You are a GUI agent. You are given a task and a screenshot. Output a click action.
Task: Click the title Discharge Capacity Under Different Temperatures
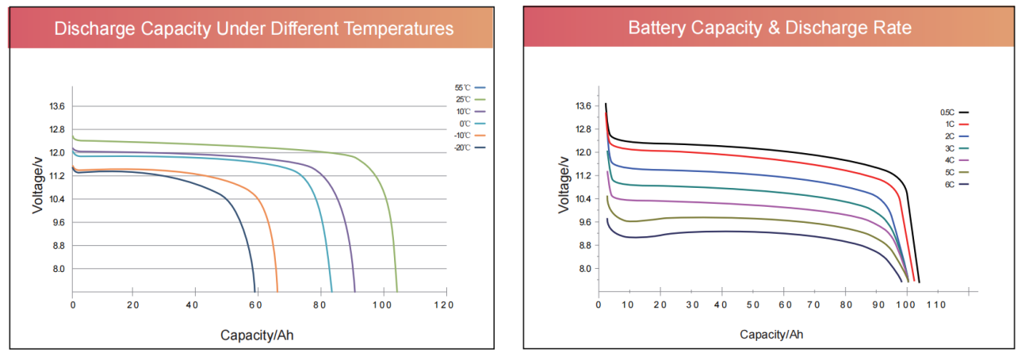254,29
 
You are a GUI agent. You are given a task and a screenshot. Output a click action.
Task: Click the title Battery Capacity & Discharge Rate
769,29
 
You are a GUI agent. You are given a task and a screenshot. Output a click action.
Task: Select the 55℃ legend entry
469,88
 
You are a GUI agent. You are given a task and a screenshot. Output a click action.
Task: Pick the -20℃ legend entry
469,147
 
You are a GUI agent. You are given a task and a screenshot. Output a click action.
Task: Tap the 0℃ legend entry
469,124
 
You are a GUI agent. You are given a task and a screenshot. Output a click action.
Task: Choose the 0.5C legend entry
954,113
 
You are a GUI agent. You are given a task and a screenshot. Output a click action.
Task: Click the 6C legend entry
954,184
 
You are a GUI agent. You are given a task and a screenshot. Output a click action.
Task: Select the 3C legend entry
954,148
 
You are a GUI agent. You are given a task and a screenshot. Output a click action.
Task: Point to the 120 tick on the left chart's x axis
446,304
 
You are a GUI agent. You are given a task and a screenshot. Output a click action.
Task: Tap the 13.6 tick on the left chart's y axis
57,106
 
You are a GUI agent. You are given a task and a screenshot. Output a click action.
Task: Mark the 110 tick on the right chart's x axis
937,304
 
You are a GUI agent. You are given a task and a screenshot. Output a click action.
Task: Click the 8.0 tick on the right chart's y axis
583,269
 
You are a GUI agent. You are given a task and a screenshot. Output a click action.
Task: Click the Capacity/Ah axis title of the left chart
257,335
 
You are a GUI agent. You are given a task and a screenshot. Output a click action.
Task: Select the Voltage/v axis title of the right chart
564,184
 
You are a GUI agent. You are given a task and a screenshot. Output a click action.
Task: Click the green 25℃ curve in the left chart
238,146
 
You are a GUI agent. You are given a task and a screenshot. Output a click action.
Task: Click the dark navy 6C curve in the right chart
721,232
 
